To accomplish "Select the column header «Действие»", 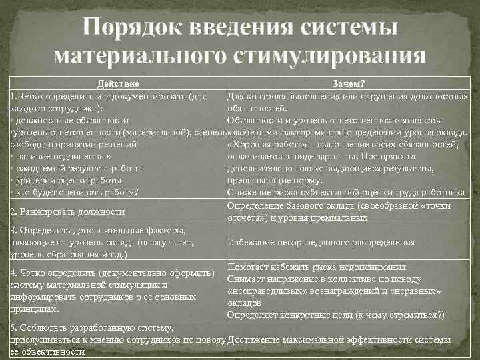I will tap(118, 85).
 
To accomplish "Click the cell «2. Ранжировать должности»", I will tap(67, 211).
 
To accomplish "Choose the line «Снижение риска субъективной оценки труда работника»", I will tap(346, 193).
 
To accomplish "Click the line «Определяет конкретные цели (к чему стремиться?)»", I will tap(335, 315).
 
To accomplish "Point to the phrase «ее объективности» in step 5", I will tap(43, 351).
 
